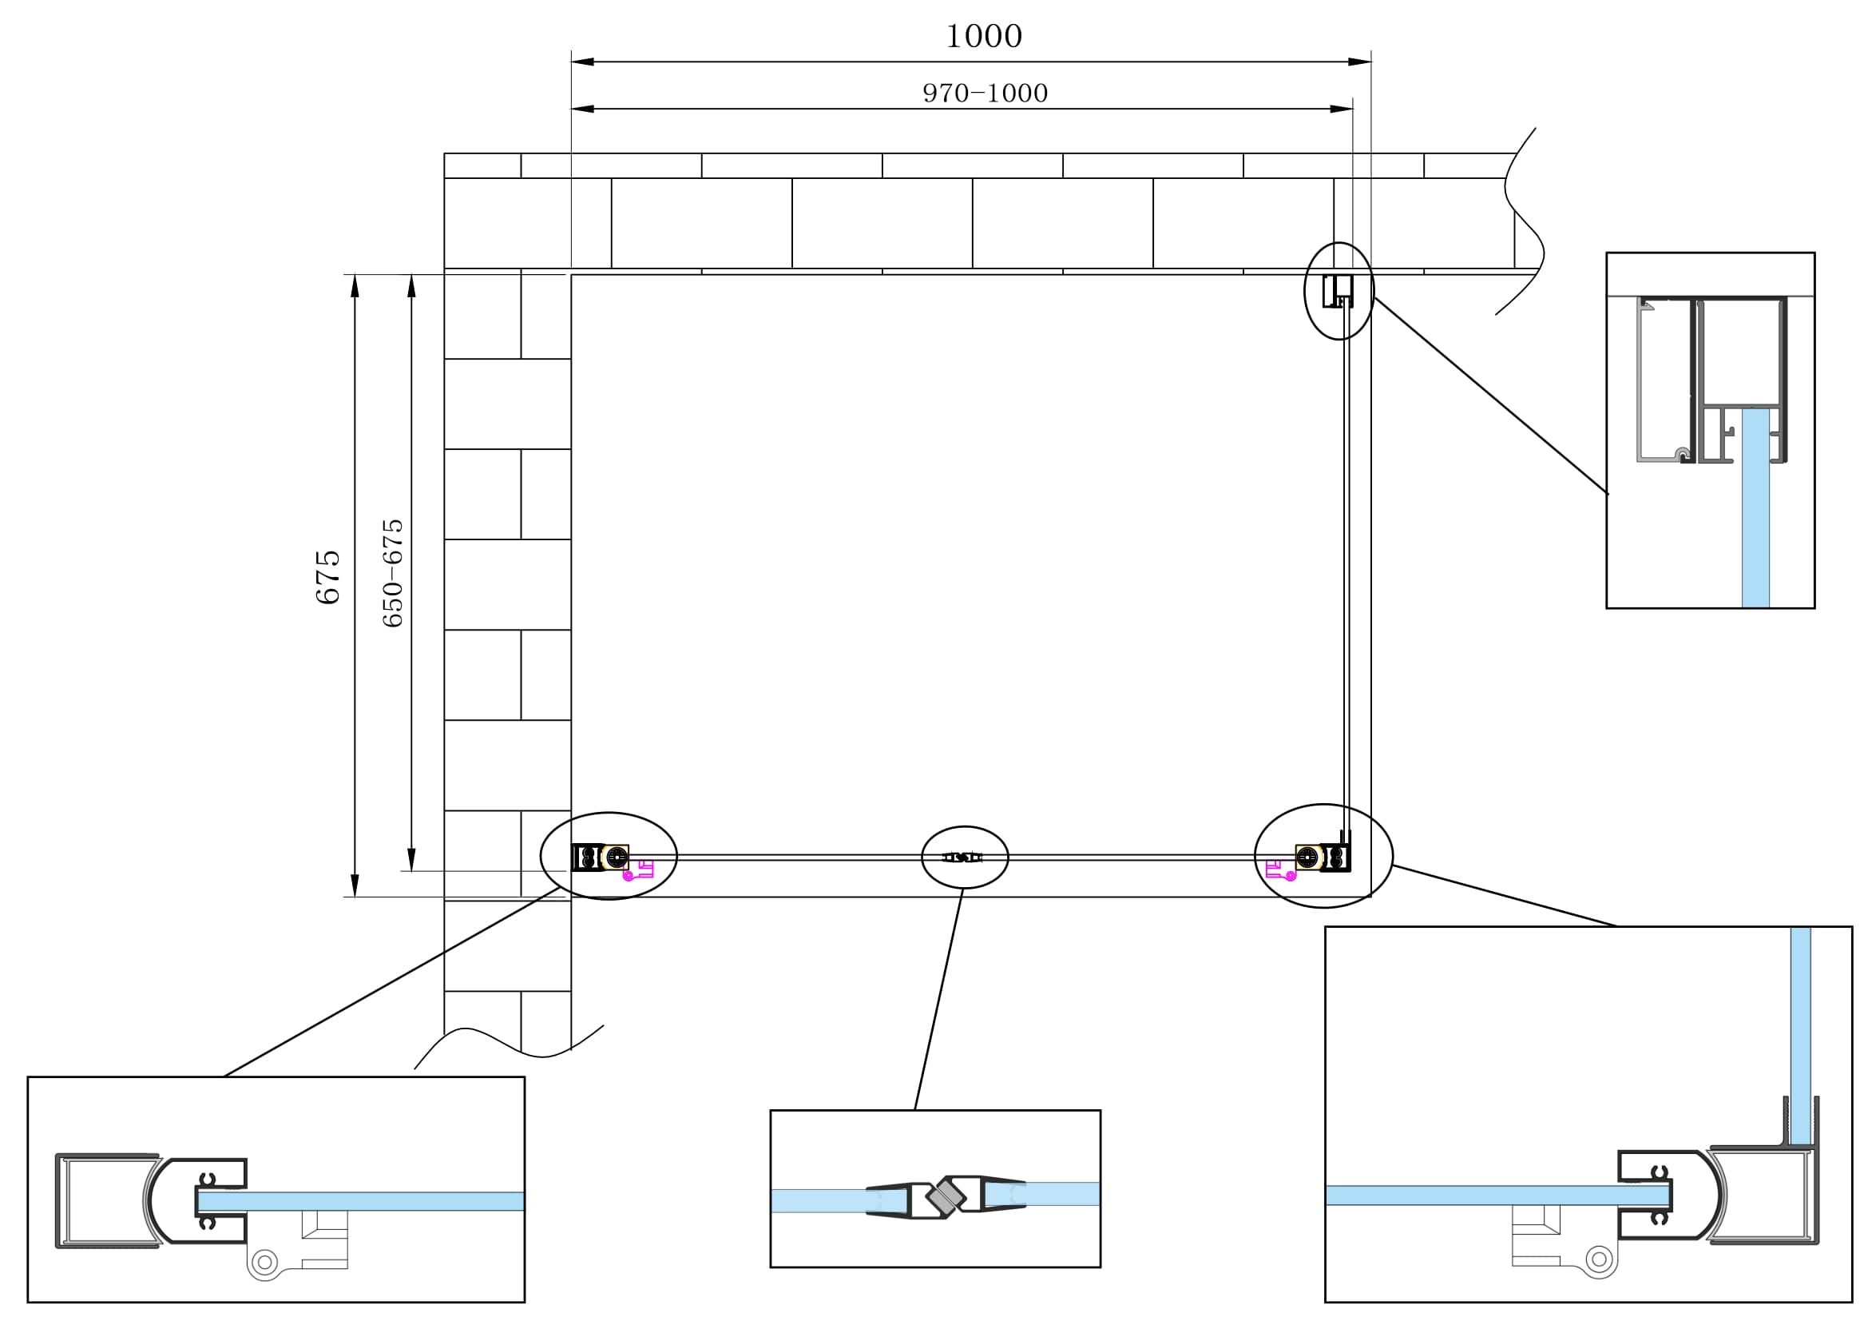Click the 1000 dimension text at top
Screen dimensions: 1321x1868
984,36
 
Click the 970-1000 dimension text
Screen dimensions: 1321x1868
985,93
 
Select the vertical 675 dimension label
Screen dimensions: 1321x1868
328,577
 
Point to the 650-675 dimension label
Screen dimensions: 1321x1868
392,572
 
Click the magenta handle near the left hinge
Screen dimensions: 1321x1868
639,870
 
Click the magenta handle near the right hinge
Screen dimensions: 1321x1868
1280,870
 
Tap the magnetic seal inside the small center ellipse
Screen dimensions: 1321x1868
962,857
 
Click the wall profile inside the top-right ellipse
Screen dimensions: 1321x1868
1337,292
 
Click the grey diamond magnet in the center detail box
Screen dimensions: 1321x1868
946,1196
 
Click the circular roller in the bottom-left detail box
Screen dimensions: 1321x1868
264,1263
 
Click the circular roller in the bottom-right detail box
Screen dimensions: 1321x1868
1599,1259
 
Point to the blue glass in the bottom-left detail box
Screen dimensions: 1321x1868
366,1200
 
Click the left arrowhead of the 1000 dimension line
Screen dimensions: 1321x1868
582,62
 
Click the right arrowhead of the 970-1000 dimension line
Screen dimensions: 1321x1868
1341,109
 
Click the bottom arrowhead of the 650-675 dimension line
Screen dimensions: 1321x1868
411,859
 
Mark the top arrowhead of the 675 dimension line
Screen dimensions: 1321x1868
355,287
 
